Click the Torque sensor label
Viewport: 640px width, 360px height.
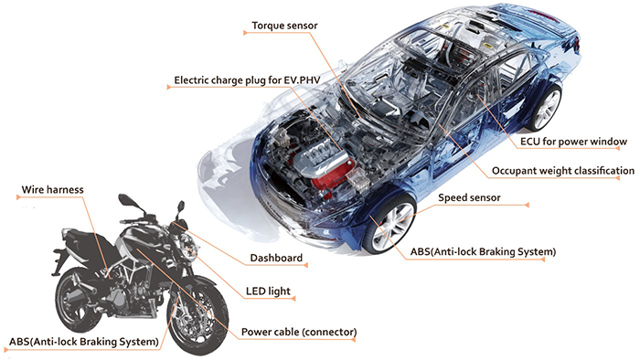click(284, 26)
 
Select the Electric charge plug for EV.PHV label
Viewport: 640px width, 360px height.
click(247, 80)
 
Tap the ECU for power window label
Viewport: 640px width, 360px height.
click(573, 142)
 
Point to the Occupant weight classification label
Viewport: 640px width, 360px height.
click(563, 171)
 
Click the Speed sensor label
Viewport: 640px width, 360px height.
click(469, 197)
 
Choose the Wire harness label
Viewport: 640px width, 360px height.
click(52, 189)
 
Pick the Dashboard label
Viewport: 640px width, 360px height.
click(276, 258)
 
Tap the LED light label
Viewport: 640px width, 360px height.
click(268, 291)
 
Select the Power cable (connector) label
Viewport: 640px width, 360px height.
click(299, 332)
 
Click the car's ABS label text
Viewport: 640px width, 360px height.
click(483, 251)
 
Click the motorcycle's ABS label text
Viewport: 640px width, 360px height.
click(84, 341)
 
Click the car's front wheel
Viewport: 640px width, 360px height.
click(389, 226)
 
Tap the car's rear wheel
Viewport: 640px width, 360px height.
click(545, 108)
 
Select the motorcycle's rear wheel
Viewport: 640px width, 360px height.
click(79, 301)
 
